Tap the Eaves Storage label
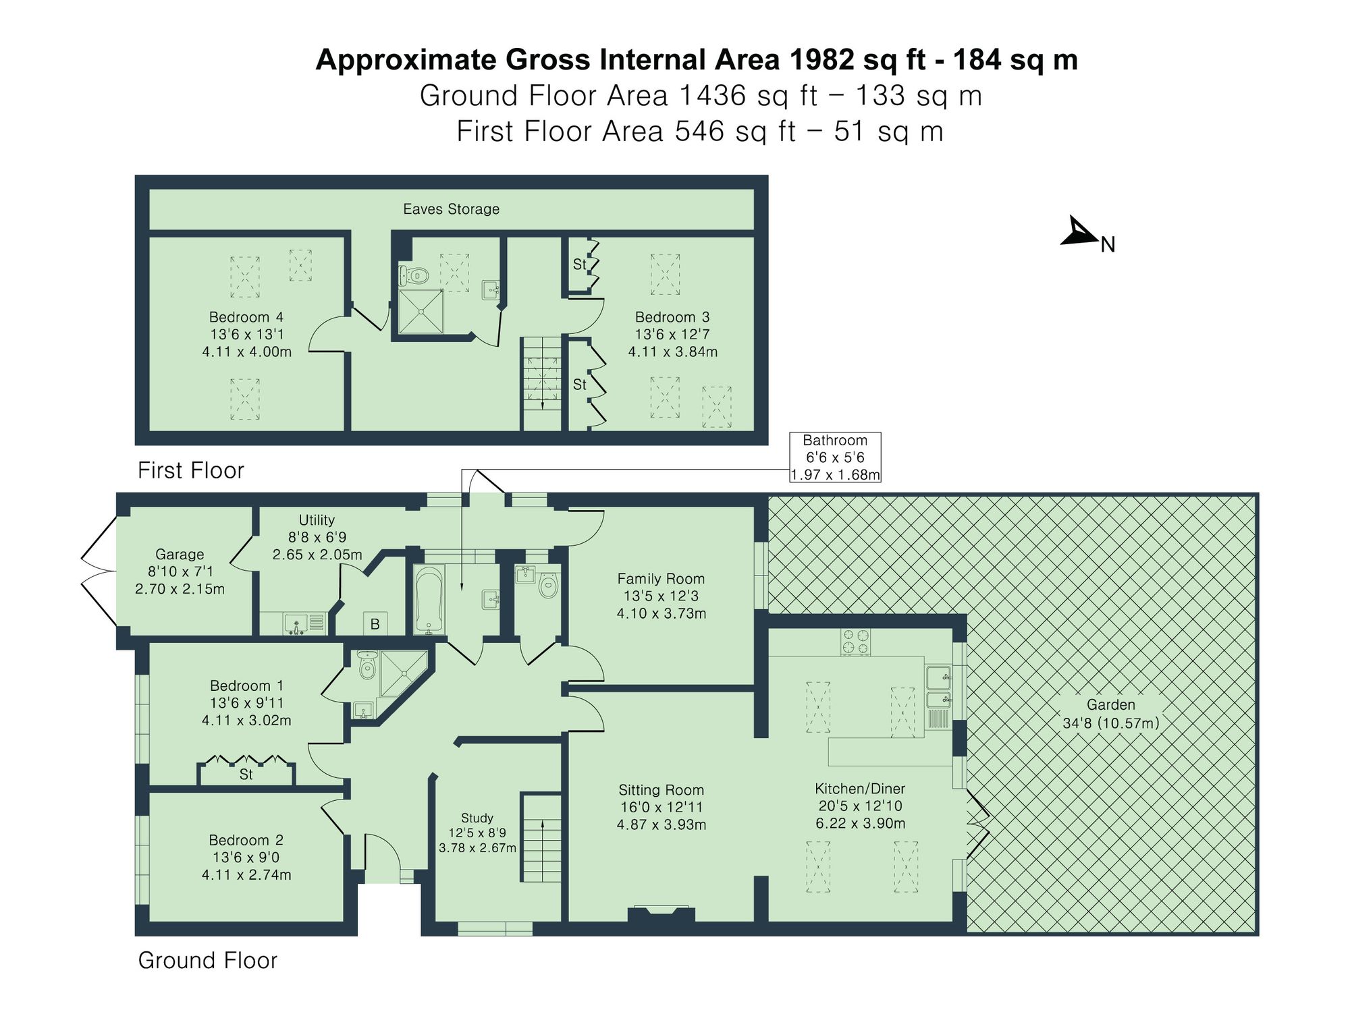point(451,209)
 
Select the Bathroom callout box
point(835,457)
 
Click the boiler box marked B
point(375,624)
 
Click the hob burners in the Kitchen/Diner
point(855,642)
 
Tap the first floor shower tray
point(421,312)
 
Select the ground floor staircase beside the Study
point(541,837)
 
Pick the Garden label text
point(1110,705)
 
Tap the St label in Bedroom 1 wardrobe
point(246,775)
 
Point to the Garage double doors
point(99,571)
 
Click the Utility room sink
point(296,623)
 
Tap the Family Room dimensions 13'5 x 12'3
point(661,596)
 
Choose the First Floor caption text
point(191,470)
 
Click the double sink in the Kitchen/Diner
point(938,687)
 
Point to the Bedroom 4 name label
point(246,317)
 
